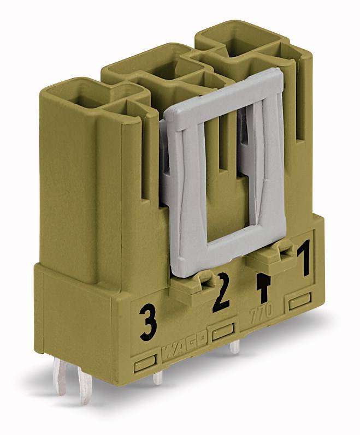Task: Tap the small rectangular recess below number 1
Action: pyautogui.click(x=300, y=302)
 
